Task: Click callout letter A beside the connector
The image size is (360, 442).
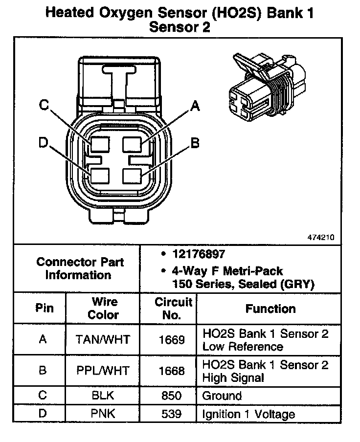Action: (x=195, y=106)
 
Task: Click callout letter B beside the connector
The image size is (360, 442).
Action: (x=195, y=143)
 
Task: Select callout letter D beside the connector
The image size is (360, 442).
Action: (x=44, y=143)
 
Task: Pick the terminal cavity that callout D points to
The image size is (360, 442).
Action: (x=100, y=175)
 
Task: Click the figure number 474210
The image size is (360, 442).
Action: (x=321, y=238)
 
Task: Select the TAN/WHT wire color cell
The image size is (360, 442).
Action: (x=103, y=339)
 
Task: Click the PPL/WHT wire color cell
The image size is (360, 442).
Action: (x=103, y=370)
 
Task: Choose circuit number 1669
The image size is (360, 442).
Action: (x=171, y=339)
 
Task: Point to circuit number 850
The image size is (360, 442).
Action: (x=171, y=396)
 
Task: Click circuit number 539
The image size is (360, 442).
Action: (x=171, y=415)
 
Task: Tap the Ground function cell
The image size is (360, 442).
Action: (x=222, y=396)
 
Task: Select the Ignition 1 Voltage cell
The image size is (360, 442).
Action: (x=248, y=415)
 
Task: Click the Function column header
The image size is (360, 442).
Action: (x=270, y=309)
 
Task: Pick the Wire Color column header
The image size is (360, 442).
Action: (x=103, y=309)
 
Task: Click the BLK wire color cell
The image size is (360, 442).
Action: (x=103, y=396)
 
